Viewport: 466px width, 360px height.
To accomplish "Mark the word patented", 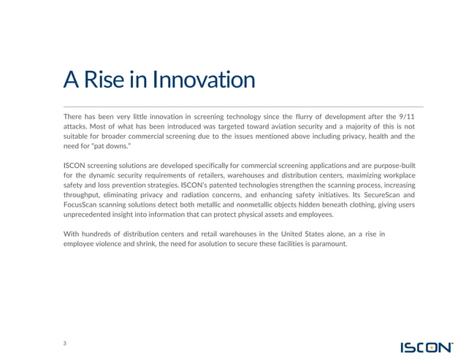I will click(217, 185).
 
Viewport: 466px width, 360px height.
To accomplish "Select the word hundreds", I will click(100, 234).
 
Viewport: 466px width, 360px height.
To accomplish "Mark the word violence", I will click(110, 243).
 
